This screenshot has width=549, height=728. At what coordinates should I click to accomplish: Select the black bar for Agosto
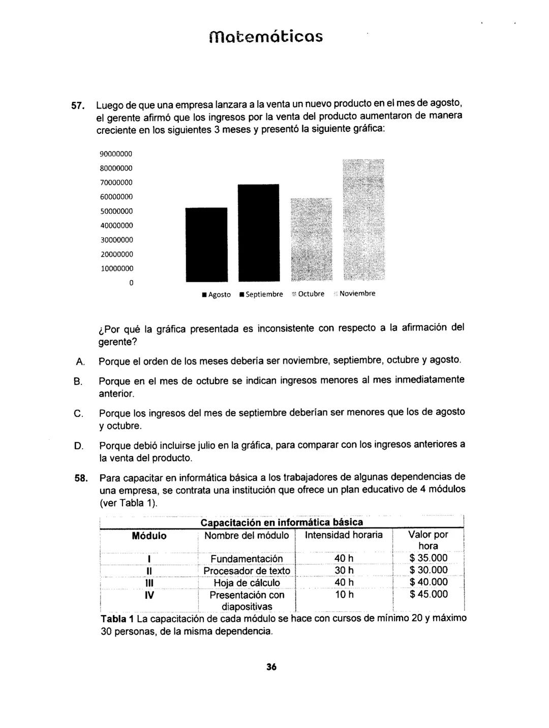(206, 244)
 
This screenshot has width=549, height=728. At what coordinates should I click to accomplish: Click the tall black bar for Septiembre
(258, 233)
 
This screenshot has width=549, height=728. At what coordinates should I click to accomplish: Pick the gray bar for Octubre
(311, 239)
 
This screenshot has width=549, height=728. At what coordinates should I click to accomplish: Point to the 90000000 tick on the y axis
(115, 154)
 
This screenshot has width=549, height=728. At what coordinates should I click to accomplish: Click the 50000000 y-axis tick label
(115, 211)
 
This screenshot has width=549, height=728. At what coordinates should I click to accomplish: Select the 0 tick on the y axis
(131, 283)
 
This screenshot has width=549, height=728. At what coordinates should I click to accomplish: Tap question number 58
(81, 478)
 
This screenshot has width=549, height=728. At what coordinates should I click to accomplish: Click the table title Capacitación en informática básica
(282, 522)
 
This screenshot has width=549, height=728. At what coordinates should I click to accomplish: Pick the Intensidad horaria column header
(344, 535)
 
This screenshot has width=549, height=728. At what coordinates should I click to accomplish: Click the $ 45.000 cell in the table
(428, 594)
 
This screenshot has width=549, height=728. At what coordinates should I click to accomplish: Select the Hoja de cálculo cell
(247, 583)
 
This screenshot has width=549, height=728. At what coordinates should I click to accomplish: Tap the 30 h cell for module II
(344, 570)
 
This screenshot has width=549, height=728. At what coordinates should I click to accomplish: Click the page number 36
(271, 667)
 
